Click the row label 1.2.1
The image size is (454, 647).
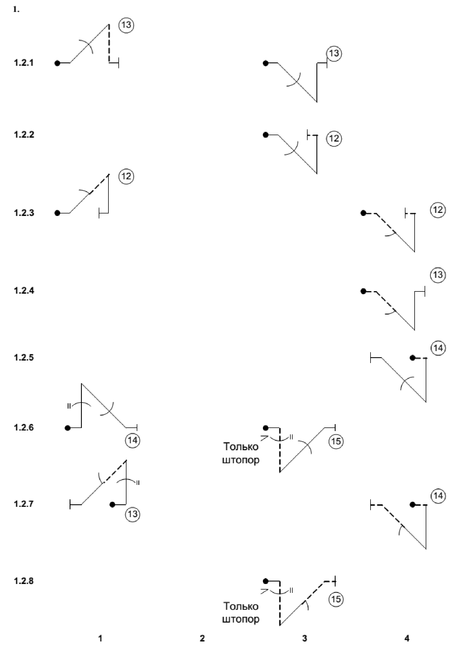click(24, 62)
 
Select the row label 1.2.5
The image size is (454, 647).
click(24, 358)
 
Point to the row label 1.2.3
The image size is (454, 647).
click(24, 213)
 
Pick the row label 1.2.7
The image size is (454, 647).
click(24, 503)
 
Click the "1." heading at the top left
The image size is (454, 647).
click(16, 10)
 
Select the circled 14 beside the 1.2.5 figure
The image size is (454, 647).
click(438, 348)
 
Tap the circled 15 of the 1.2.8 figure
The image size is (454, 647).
click(336, 599)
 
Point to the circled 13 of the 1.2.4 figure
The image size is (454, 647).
click(438, 275)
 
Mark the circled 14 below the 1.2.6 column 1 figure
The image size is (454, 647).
click(132, 440)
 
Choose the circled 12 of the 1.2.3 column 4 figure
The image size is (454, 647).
click(438, 210)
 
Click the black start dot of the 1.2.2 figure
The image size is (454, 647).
click(266, 135)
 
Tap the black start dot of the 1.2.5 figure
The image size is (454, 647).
click(413, 358)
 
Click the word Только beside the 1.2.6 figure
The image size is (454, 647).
click(241, 447)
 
